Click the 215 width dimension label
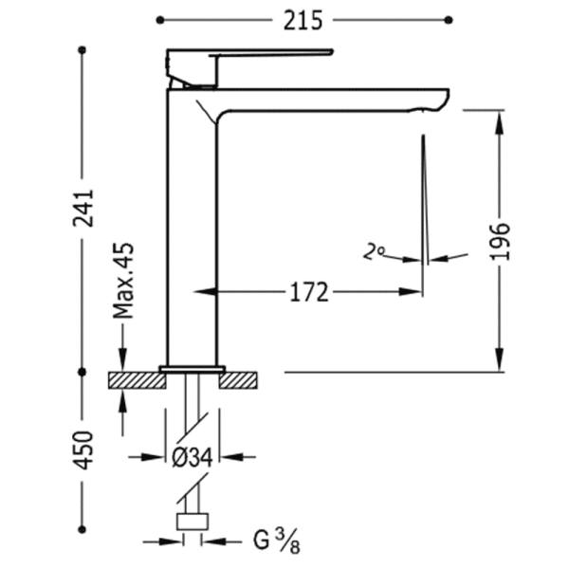(x=303, y=20)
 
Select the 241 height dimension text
(x=83, y=209)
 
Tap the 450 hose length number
(x=83, y=450)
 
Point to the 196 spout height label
(x=500, y=241)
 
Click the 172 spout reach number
(x=309, y=292)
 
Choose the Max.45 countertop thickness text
(x=123, y=281)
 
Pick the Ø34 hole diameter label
(x=192, y=457)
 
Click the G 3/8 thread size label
(x=277, y=542)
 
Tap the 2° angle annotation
(x=374, y=252)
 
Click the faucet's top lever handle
(x=249, y=67)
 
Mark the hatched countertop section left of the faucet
(x=138, y=380)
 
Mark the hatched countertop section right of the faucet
(x=238, y=380)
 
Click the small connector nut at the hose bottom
(x=193, y=522)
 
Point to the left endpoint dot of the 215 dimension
(x=160, y=20)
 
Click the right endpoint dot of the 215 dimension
(x=449, y=20)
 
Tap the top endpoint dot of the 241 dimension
(x=83, y=50)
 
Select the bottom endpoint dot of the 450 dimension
(x=83, y=529)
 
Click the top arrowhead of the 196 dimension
(x=500, y=120)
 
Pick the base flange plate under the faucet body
(x=193, y=369)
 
